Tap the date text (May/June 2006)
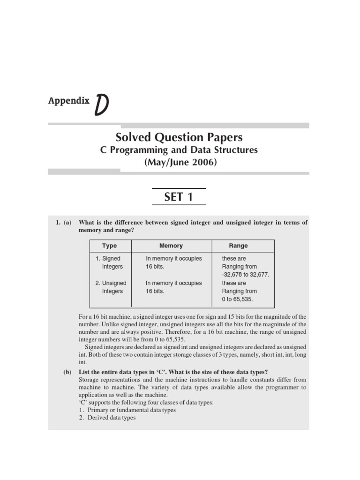pyautogui.click(x=179, y=162)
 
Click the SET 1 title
pyautogui.click(x=179, y=197)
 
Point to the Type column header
pyautogui.click(x=110, y=246)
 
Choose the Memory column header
pyautogui.click(x=171, y=246)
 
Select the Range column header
pyautogui.click(x=238, y=246)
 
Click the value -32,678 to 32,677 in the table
pyautogui.click(x=246, y=275)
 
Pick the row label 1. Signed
pyautogui.click(x=108, y=258)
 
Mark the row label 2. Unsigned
pyautogui.click(x=111, y=283)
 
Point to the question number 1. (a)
pyautogui.click(x=63, y=223)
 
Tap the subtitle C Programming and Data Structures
pyautogui.click(x=179, y=150)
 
